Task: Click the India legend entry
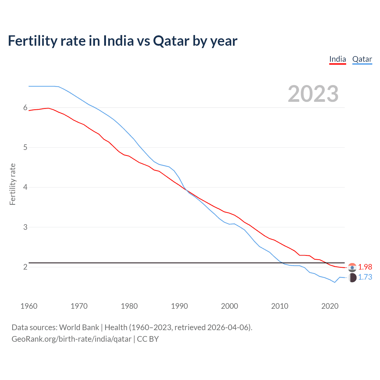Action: pyautogui.click(x=338, y=59)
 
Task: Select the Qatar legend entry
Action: pyautogui.click(x=362, y=59)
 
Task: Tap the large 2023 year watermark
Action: pyautogui.click(x=313, y=94)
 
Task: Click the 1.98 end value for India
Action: pyautogui.click(x=365, y=267)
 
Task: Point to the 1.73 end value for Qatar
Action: pyautogui.click(x=365, y=277)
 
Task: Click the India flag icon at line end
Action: pyautogui.click(x=352, y=267)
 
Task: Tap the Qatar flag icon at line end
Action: pyautogui.click(x=352, y=278)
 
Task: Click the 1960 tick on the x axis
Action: pyautogui.click(x=29, y=306)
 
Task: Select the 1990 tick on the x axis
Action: pyautogui.click(x=179, y=306)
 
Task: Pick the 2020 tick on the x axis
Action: pyautogui.click(x=330, y=306)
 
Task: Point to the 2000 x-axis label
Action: pyautogui.click(x=229, y=306)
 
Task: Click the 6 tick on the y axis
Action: pyautogui.click(x=25, y=107)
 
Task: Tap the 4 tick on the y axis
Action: pyautogui.click(x=25, y=187)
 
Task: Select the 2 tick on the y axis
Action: pyautogui.click(x=25, y=267)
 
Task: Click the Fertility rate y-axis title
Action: pyautogui.click(x=12, y=184)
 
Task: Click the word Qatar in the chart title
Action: pyautogui.click(x=171, y=41)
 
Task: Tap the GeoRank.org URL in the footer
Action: pyautogui.click(x=71, y=339)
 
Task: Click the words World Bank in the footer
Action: pyautogui.click(x=79, y=327)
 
